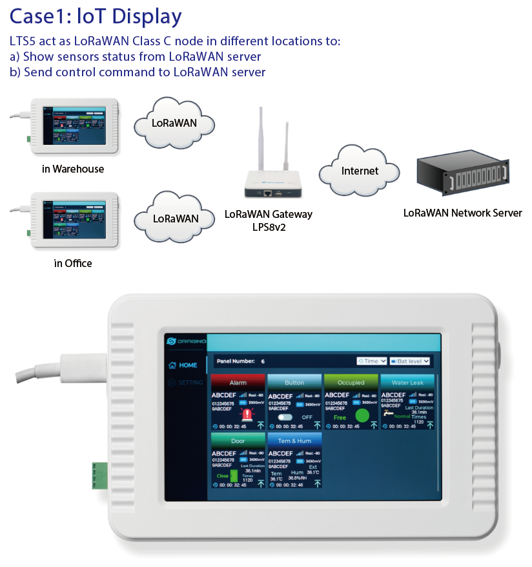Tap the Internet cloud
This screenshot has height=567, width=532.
click(360, 171)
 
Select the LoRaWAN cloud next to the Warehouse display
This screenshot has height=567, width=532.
click(174, 123)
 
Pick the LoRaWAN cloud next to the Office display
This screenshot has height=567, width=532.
click(175, 218)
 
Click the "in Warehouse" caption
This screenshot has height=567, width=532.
click(72, 169)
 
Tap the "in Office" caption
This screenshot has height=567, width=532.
click(73, 263)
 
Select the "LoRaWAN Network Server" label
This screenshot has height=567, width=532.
click(462, 213)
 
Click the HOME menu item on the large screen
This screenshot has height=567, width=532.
click(183, 365)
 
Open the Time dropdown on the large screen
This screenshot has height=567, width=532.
click(372, 361)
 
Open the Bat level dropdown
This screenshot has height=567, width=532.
click(409, 361)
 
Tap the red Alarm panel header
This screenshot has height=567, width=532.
click(238, 383)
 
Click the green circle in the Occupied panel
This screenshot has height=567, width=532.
click(362, 416)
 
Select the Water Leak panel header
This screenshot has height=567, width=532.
click(407, 383)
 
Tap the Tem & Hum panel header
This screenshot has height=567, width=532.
click(294, 441)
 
